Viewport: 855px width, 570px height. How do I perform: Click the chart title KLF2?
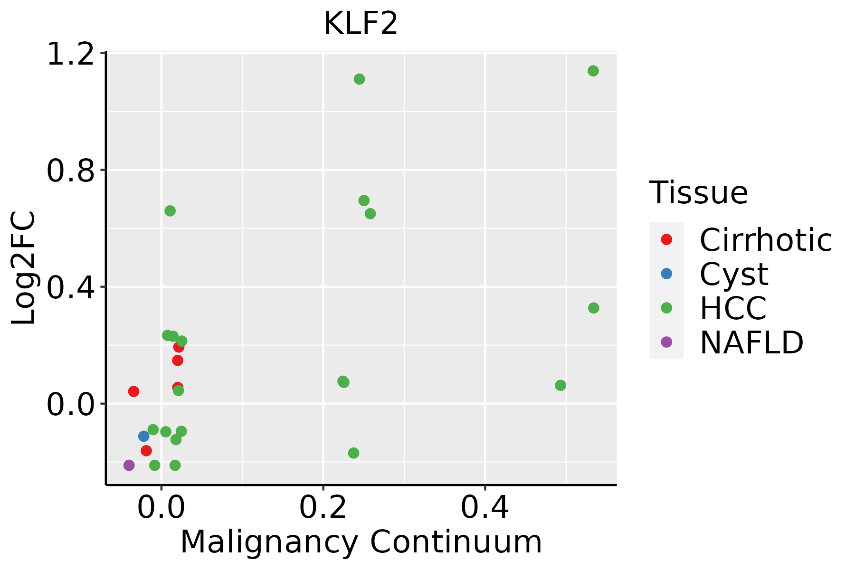click(361, 23)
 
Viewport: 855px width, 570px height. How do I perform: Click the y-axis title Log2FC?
click(23, 268)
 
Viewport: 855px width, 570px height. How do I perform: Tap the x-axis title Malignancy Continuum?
click(361, 542)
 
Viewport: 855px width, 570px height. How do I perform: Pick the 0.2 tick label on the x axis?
click(323, 507)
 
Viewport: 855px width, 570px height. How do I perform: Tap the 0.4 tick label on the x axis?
click(485, 507)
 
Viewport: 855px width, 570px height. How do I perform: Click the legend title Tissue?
click(699, 192)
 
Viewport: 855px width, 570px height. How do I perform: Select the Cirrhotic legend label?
click(766, 239)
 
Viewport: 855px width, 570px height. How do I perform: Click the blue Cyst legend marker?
click(666, 274)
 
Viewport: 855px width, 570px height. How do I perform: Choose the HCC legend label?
click(733, 308)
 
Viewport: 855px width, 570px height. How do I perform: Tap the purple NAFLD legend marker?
click(666, 342)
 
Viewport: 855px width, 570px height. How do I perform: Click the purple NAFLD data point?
click(129, 465)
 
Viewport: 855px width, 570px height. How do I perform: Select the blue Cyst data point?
click(144, 436)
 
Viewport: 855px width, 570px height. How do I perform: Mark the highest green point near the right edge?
click(593, 71)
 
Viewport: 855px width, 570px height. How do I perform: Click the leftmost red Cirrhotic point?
click(133, 391)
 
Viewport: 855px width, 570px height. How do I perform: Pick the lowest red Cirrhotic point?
click(146, 450)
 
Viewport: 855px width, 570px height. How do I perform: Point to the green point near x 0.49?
click(560, 385)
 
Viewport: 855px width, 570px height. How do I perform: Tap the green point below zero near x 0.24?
click(353, 453)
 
